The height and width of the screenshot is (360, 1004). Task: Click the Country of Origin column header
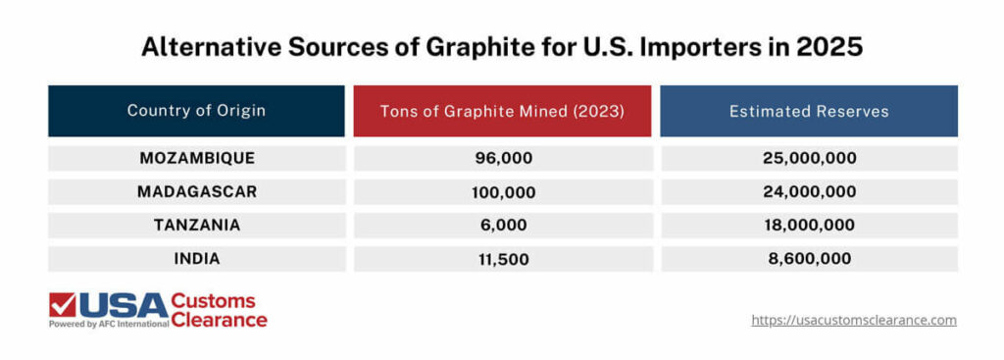click(196, 110)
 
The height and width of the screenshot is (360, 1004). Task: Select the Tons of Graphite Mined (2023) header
click(502, 111)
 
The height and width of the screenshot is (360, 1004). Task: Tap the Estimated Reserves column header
click(809, 111)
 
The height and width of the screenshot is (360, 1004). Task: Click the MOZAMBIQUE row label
click(197, 158)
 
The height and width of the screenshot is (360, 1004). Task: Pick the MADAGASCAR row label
click(197, 191)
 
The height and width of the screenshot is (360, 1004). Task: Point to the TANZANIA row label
click(197, 225)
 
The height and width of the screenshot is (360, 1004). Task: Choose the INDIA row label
click(197, 259)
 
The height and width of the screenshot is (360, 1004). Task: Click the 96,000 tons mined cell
click(502, 158)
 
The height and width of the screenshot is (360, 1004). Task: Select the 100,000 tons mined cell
click(502, 191)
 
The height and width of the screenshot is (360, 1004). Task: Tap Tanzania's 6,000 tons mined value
click(502, 225)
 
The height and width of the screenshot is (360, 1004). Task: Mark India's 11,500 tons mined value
click(502, 259)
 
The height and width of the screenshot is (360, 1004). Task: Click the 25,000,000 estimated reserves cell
click(809, 158)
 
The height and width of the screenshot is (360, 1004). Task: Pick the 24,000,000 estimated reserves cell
click(809, 191)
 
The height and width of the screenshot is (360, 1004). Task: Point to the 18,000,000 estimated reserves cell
click(809, 225)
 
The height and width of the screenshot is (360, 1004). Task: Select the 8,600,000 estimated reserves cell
click(809, 259)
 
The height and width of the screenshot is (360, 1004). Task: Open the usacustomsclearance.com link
click(853, 320)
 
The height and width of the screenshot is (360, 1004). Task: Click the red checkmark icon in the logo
click(63, 305)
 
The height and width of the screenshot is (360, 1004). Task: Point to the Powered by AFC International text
click(108, 323)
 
